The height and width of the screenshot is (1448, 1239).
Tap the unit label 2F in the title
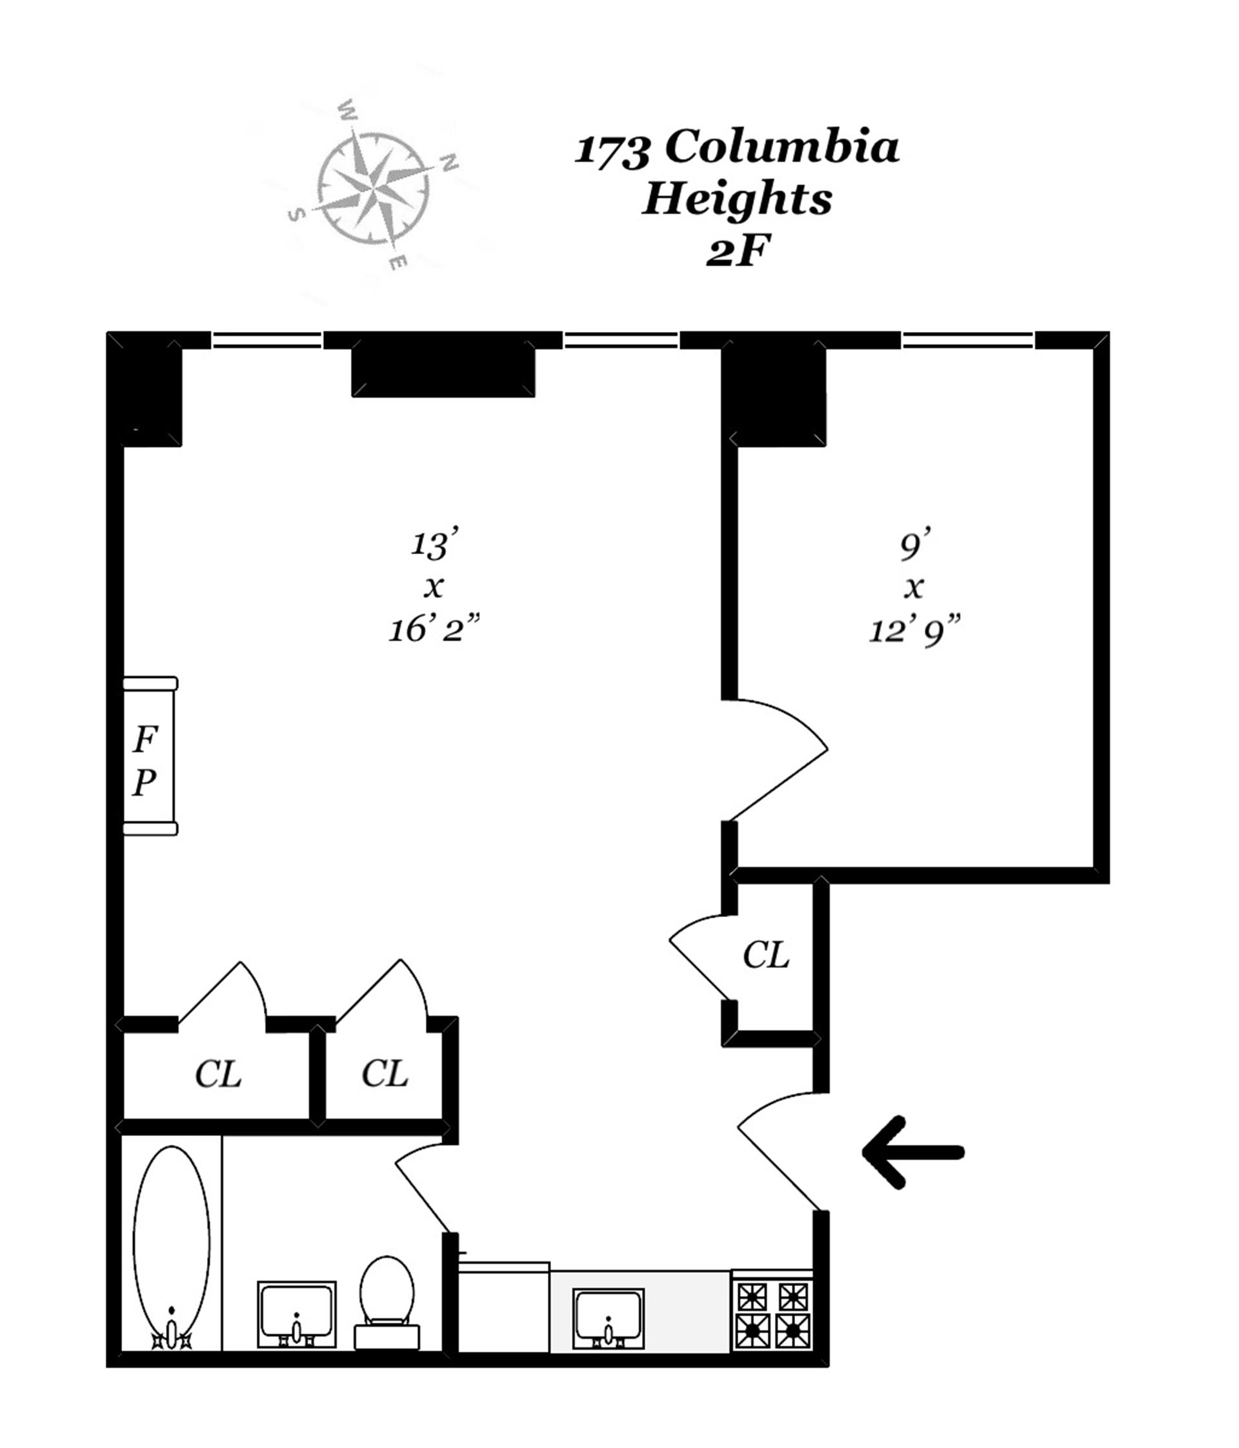pos(737,251)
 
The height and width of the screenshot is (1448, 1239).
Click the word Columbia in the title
pos(781,147)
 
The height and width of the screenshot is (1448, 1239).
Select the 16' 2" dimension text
pos(434,629)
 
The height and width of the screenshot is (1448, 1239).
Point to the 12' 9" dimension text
pos(914,632)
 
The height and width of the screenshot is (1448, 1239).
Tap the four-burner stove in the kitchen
pos(772,1314)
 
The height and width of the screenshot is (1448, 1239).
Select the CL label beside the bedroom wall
pos(765,954)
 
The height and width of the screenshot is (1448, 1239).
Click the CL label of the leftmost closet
pos(218,1074)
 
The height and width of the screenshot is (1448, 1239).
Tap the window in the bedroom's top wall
pos(967,340)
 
